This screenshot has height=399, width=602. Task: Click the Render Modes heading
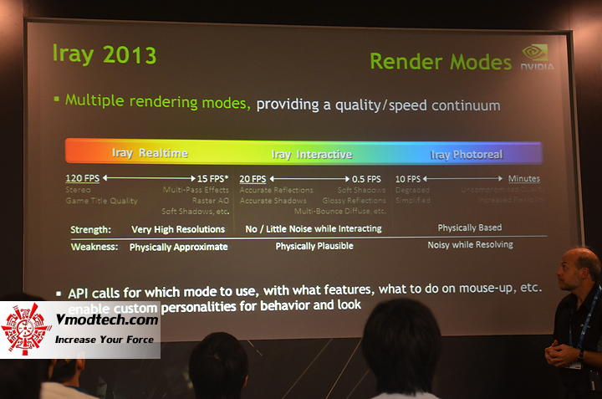pyautogui.click(x=440, y=62)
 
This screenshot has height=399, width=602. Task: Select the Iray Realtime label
pyautogui.click(x=150, y=153)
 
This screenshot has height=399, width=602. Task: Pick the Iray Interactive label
pyautogui.click(x=311, y=155)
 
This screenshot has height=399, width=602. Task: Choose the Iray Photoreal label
pyautogui.click(x=466, y=155)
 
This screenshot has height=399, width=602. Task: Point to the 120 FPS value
pyautogui.click(x=84, y=179)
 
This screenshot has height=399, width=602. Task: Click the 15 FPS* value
pyautogui.click(x=212, y=179)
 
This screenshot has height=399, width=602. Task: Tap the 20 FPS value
pyautogui.click(x=253, y=179)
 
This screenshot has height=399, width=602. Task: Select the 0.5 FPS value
pyautogui.click(x=366, y=179)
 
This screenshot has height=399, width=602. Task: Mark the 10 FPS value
pyautogui.click(x=407, y=179)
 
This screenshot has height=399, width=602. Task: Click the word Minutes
pyautogui.click(x=523, y=179)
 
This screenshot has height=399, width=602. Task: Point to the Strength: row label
pyautogui.click(x=90, y=229)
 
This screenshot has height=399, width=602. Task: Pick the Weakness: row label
pyautogui.click(x=94, y=247)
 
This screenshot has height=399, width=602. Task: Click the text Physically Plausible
pyautogui.click(x=314, y=246)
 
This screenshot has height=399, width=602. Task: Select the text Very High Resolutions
pyautogui.click(x=178, y=229)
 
